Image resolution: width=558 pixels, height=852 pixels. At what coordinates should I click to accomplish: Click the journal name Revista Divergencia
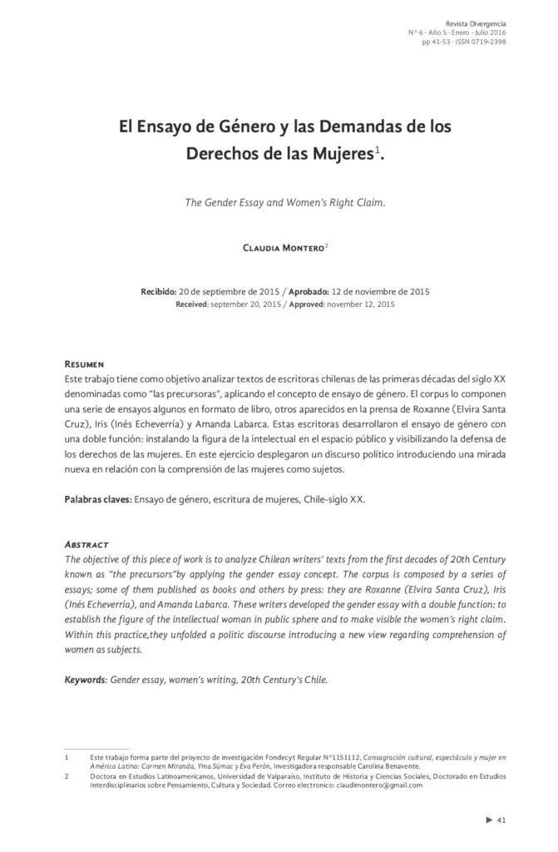[476, 22]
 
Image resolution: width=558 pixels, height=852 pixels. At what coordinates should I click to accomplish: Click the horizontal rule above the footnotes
[97, 748]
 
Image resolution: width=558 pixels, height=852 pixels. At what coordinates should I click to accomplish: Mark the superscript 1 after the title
[377, 149]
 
